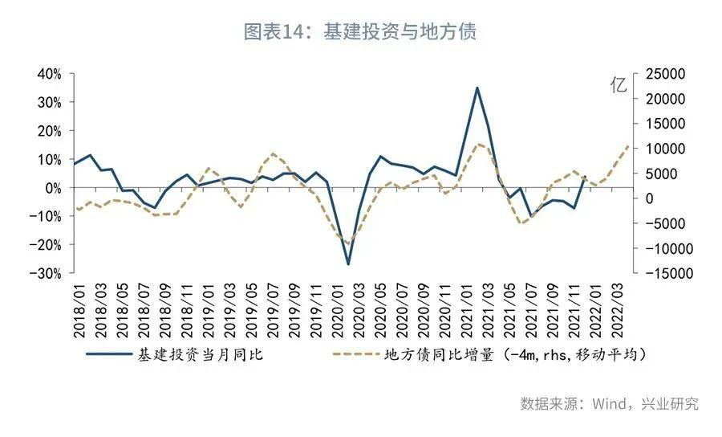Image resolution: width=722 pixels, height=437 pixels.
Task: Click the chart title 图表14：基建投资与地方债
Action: [360, 32]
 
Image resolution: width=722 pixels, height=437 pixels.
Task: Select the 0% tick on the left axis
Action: [53, 188]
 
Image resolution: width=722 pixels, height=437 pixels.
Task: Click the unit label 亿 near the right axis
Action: [619, 86]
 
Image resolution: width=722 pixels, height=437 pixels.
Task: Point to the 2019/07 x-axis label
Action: [272, 309]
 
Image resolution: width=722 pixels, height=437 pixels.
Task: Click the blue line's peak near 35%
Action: [477, 88]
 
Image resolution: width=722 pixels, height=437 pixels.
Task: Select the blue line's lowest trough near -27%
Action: [348, 263]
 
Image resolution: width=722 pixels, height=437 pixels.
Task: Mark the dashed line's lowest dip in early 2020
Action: [348, 243]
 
